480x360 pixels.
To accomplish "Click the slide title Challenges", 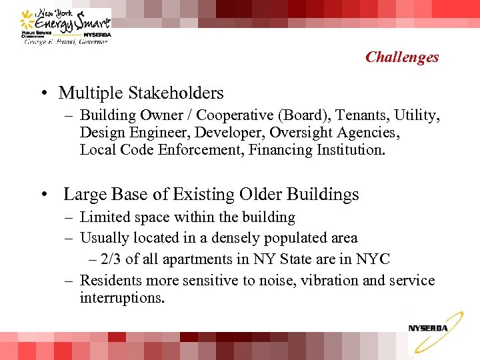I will coord(402,57).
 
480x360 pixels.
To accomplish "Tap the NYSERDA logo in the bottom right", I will coord(428,330).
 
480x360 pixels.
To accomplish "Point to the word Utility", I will coord(417,115).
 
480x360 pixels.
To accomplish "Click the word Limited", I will coord(101,217).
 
